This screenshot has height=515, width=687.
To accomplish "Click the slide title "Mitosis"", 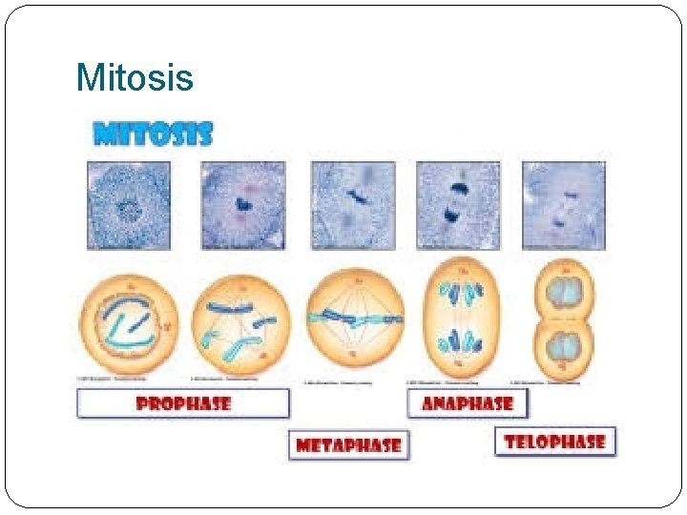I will click(x=134, y=77).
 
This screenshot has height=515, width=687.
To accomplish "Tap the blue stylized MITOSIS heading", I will click(x=153, y=134).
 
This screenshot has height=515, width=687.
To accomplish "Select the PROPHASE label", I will click(x=183, y=403).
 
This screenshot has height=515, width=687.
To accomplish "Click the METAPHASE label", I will click(x=348, y=445).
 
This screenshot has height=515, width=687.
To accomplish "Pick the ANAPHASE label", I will click(x=468, y=403).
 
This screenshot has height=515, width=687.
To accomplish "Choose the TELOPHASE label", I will click(x=555, y=442).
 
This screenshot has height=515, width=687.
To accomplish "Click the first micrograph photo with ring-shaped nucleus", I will click(x=129, y=205).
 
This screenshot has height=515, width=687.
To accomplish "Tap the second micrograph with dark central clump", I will click(x=242, y=205).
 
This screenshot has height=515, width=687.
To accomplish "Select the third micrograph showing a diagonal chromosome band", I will click(x=353, y=205).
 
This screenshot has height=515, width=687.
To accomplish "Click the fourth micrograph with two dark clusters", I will click(x=458, y=205).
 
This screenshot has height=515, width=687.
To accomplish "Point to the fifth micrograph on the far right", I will click(x=563, y=205).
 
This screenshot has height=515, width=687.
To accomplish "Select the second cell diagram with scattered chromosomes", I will click(x=239, y=321).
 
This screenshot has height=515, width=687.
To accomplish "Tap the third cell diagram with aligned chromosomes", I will click(x=355, y=318).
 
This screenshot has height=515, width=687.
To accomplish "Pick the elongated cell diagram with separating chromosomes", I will click(x=460, y=319).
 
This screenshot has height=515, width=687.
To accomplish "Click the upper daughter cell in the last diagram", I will click(x=564, y=289).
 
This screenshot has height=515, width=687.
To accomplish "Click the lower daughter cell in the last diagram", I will click(x=564, y=347).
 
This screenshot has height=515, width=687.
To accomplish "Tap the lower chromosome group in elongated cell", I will click(x=460, y=341).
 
